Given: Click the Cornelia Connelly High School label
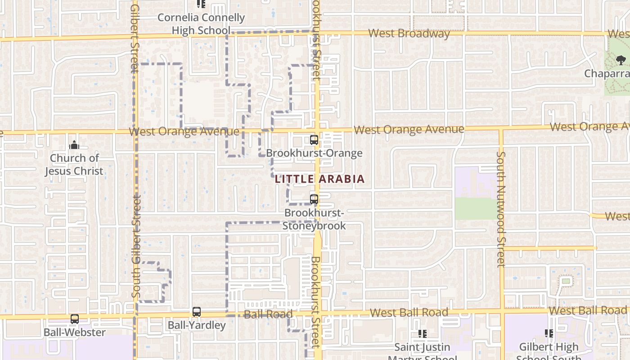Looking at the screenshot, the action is coord(201,24).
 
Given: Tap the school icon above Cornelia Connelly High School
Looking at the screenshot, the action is coord(201,4).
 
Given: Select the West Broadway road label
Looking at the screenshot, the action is coord(409,33).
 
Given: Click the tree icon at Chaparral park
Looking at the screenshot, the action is coord(621,60).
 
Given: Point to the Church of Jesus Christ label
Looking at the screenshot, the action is coord(74,164).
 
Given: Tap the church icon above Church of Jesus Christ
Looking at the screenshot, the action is coord(74,145).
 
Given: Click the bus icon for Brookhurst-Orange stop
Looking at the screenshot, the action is coord(314,140).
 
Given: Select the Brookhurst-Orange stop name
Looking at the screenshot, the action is coord(314,153).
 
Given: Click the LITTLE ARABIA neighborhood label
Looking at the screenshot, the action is coord(319,179).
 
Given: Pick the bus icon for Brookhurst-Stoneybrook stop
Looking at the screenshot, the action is coord(314,199).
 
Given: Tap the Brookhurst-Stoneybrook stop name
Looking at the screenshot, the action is coord(315,219).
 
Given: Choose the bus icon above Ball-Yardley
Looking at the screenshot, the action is coord(197,311).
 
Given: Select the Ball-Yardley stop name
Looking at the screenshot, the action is coord(197,325).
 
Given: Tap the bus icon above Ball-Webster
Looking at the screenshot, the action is coord(75,319).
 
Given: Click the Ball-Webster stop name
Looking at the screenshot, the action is coord(75,333).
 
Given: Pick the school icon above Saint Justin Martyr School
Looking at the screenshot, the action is coord(422,333).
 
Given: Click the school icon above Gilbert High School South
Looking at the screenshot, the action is coord(549,333).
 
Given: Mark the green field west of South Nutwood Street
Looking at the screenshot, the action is coord(477,208).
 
